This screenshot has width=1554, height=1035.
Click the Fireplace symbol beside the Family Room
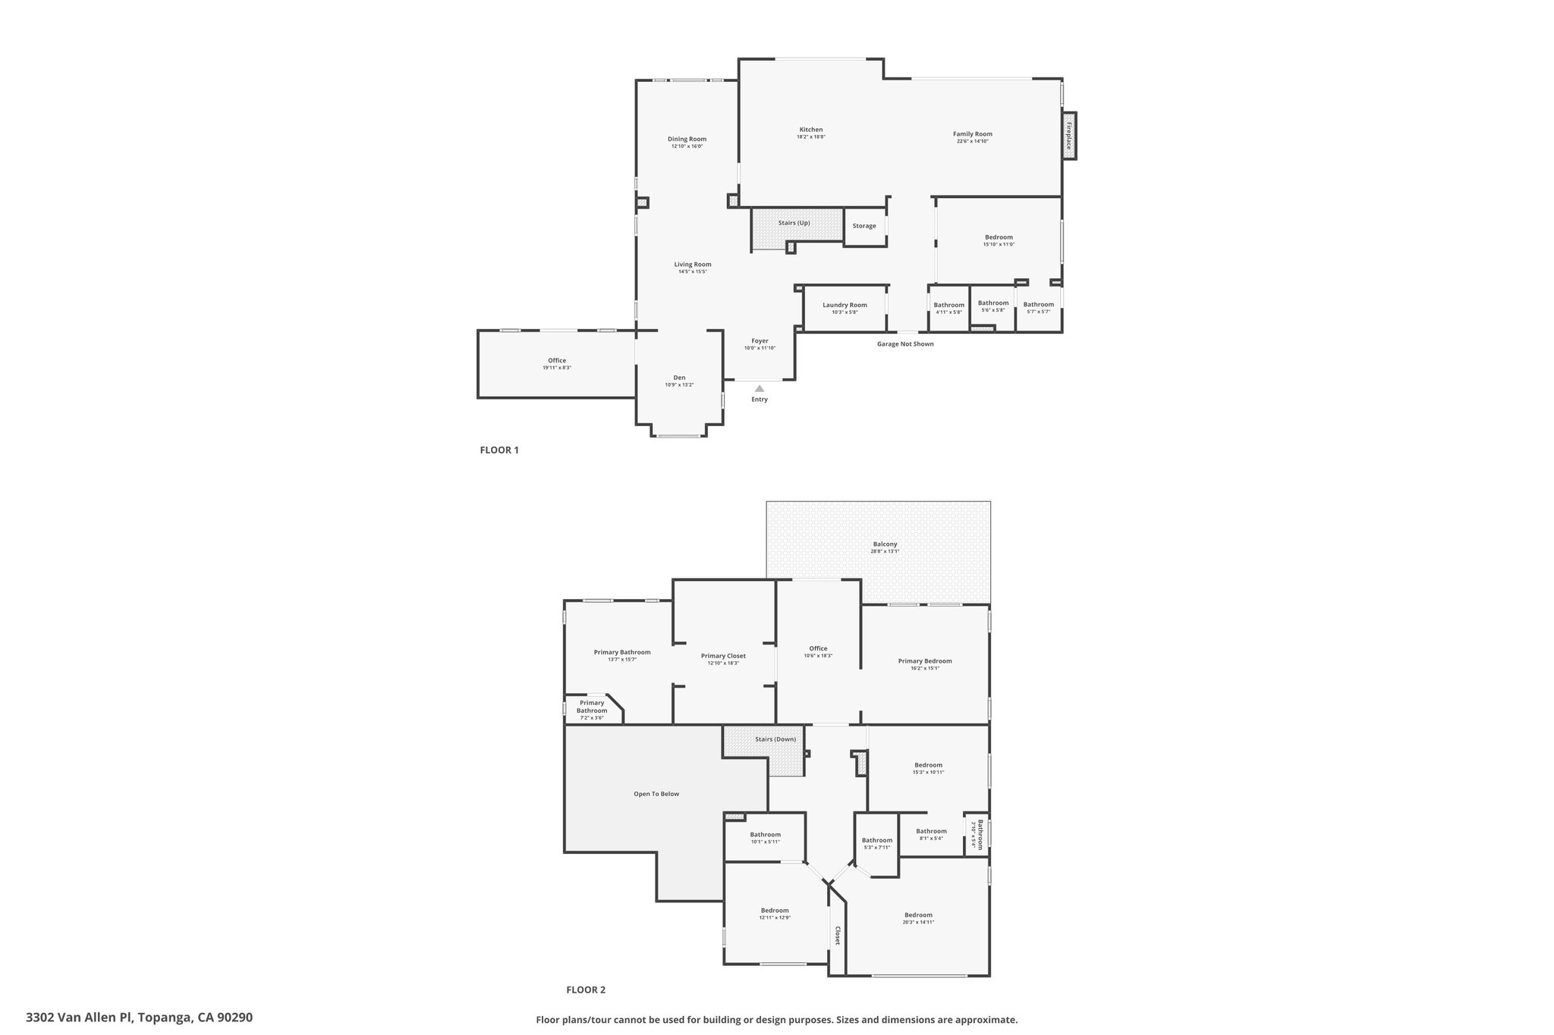pyautogui.click(x=1069, y=135)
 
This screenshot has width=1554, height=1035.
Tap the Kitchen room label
pyautogui.click(x=810, y=130)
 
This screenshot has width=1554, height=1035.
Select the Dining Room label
pyautogui.click(x=687, y=139)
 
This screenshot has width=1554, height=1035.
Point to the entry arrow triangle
pyautogui.click(x=760, y=388)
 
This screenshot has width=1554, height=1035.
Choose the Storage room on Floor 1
pyautogui.click(x=864, y=226)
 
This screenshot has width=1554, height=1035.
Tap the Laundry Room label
pyautogui.click(x=845, y=305)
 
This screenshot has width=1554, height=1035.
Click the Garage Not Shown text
pyautogui.click(x=905, y=344)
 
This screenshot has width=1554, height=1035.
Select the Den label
pyautogui.click(x=679, y=378)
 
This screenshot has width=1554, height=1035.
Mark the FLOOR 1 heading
pyautogui.click(x=499, y=450)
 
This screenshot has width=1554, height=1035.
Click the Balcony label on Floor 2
pyautogui.click(x=885, y=544)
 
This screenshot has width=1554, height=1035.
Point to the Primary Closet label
pyautogui.click(x=723, y=656)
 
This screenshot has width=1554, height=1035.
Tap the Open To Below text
pyautogui.click(x=656, y=794)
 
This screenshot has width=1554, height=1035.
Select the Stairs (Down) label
pyautogui.click(x=775, y=739)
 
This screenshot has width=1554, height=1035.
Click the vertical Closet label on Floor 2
pyautogui.click(x=838, y=936)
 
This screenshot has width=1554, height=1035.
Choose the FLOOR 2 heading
pyautogui.click(x=586, y=990)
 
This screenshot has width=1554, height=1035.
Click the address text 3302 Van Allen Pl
pyautogui.click(x=139, y=1018)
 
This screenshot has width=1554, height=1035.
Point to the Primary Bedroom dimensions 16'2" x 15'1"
pyautogui.click(x=924, y=668)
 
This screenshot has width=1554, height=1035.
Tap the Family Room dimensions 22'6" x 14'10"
pyautogui.click(x=972, y=141)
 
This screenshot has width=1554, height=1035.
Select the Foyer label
pyautogui.click(x=760, y=341)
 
